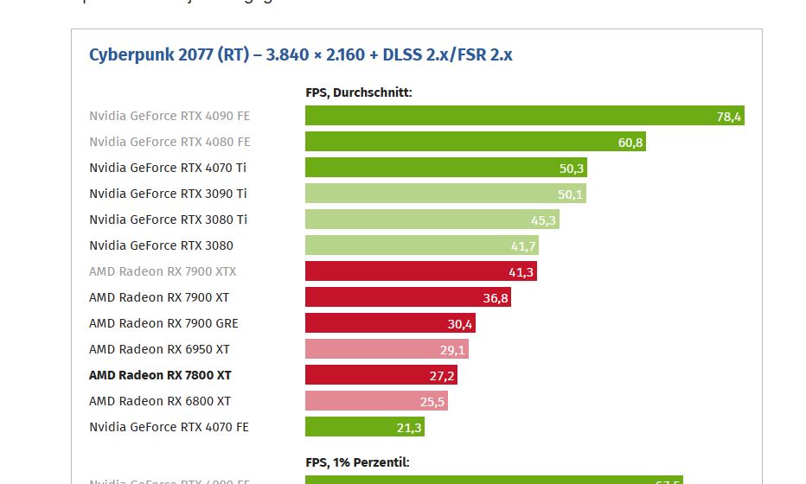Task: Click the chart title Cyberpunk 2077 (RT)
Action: (x=300, y=55)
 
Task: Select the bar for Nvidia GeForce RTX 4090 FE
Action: (x=524, y=116)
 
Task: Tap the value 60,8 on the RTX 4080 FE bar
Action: (x=630, y=143)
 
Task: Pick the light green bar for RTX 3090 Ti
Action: (x=445, y=194)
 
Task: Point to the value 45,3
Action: (x=545, y=220)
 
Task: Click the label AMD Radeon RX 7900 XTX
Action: (x=163, y=271)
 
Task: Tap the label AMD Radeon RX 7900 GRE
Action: (x=163, y=323)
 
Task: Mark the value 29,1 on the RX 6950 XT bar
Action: (x=453, y=350)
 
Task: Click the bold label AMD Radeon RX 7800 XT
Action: (x=160, y=375)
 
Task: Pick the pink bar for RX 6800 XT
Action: (x=376, y=401)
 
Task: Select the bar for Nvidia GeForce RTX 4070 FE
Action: (x=364, y=427)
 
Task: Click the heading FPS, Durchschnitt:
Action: (x=359, y=92)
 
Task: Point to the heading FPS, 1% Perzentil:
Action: (x=357, y=462)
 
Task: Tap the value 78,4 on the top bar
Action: (x=729, y=117)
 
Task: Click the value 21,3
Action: (x=409, y=428)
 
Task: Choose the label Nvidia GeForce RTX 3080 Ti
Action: (x=168, y=220)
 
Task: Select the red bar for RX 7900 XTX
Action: (x=420, y=271)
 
